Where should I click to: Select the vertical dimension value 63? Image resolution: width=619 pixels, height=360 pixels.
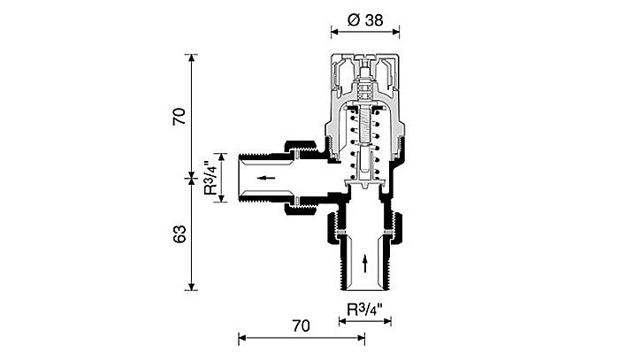[180, 234]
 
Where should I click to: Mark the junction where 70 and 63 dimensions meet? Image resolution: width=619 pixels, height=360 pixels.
[192, 177]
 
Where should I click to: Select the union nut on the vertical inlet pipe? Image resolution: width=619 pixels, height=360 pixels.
[365, 228]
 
